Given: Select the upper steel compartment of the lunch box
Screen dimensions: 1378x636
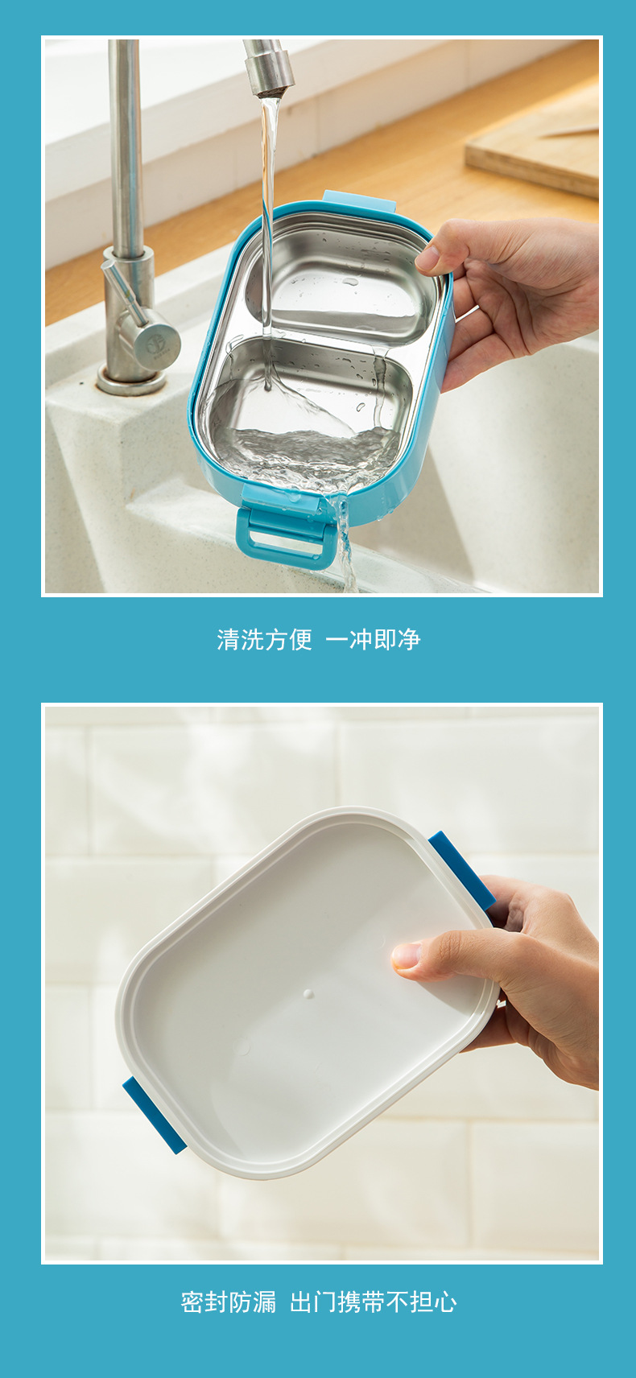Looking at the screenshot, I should pos(346,278).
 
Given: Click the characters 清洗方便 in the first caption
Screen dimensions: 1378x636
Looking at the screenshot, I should pos(264,640).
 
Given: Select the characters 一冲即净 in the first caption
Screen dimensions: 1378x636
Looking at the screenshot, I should pos(373,640).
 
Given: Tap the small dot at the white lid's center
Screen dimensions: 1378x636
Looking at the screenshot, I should pos(308,994).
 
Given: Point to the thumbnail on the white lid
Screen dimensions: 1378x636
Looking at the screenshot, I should pos(407,956).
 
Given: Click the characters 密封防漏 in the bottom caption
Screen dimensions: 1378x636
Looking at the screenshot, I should pos(229,1302).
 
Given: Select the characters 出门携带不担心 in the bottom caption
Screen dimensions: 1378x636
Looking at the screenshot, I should pos(374,1302).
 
